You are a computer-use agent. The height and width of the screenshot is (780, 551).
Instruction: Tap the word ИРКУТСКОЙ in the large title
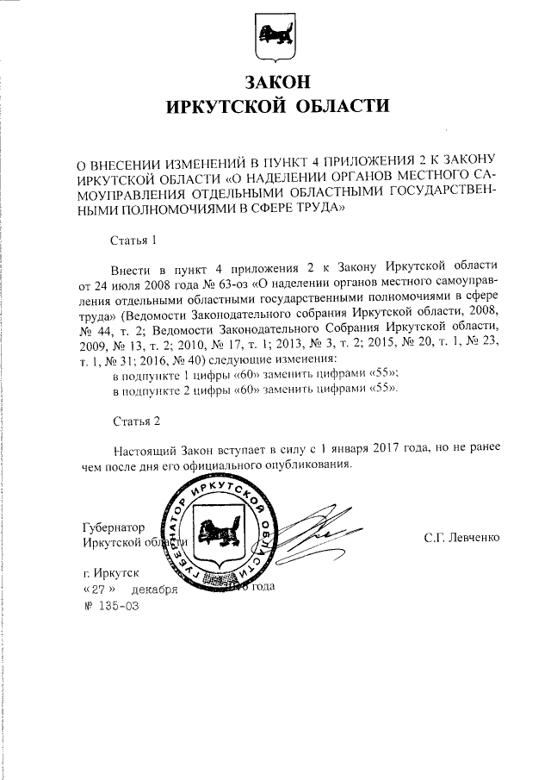click(226, 107)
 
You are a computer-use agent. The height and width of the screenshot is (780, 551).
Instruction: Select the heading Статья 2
click(137, 421)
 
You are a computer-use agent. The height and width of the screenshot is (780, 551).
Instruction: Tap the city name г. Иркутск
click(110, 572)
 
